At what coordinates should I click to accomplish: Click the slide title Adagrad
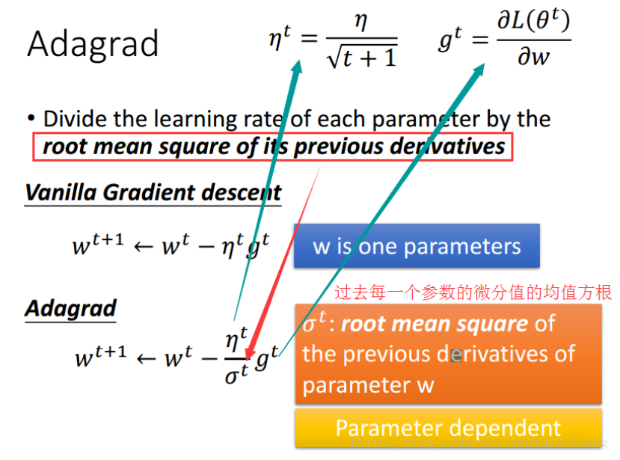pyautogui.click(x=93, y=43)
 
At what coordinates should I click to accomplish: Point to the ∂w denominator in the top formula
pyautogui.click(x=532, y=58)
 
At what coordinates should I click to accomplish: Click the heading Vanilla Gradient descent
pyautogui.click(x=153, y=192)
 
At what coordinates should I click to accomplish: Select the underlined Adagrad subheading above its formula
pyautogui.click(x=71, y=308)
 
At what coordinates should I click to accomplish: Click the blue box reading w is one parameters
pyautogui.click(x=416, y=246)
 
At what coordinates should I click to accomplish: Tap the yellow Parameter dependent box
pyautogui.click(x=448, y=428)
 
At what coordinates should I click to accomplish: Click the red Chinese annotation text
pyautogui.click(x=473, y=292)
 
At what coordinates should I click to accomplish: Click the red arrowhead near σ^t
pyautogui.click(x=251, y=352)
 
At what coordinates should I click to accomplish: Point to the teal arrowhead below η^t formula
pyautogui.click(x=297, y=69)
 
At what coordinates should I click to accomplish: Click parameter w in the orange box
pyautogui.click(x=357, y=384)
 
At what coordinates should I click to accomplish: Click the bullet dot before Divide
pyautogui.click(x=31, y=119)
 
